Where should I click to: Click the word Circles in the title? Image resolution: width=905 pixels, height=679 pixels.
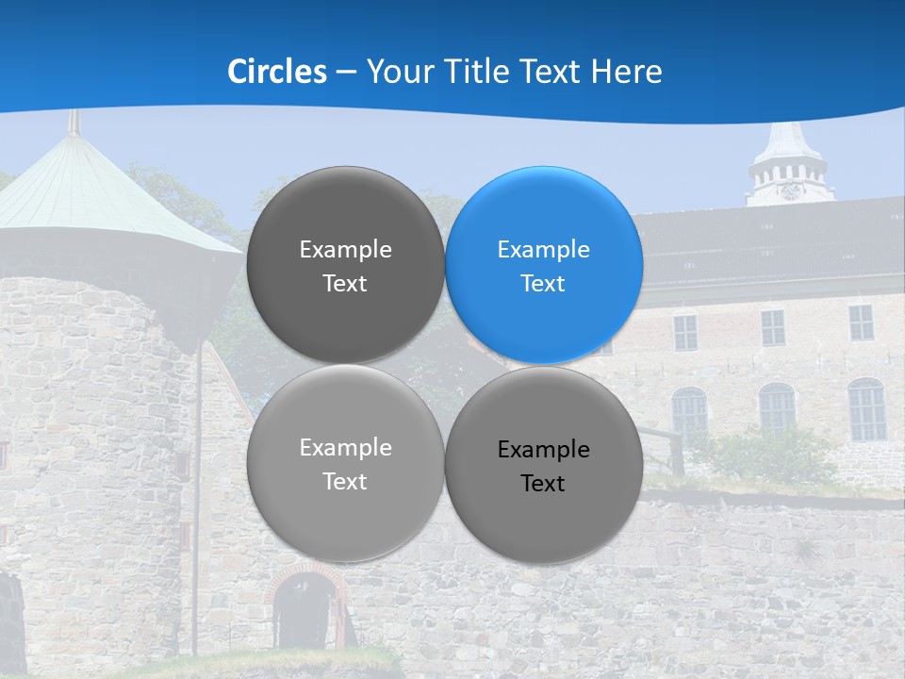277,72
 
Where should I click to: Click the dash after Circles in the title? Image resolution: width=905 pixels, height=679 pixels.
346,73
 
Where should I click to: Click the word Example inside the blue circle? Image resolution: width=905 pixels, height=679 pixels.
543,250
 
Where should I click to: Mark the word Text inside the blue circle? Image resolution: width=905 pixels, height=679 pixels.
543,284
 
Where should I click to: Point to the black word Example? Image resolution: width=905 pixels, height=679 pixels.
543,450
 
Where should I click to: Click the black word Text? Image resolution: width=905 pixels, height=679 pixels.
543,484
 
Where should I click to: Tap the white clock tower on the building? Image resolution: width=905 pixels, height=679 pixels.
790,165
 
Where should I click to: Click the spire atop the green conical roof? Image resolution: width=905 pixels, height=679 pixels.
74,123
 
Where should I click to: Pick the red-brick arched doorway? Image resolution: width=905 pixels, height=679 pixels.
304,604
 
